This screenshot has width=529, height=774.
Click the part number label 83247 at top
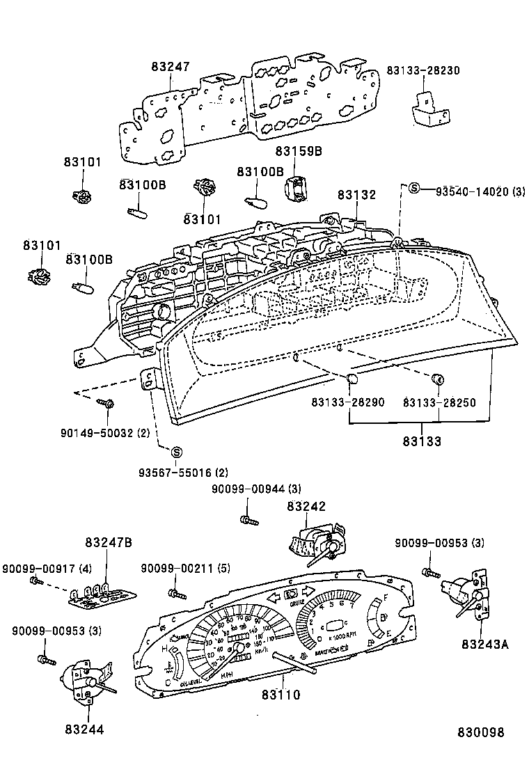point(171,67)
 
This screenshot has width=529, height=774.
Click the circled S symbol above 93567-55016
point(176,452)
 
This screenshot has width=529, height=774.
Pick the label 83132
point(357,196)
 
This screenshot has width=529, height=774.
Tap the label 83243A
point(484,644)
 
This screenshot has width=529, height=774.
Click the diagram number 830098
point(480,732)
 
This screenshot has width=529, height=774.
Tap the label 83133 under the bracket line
point(421,441)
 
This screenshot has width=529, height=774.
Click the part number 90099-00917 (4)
point(47,569)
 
